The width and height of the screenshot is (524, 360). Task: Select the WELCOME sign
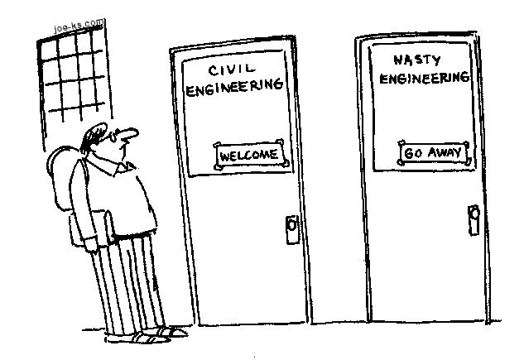[249, 154]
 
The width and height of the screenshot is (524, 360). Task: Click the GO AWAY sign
[433, 153]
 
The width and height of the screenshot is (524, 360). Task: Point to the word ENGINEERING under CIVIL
[235, 88]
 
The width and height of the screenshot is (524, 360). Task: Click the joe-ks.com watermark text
[79, 25]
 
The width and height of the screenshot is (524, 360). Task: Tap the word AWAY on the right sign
[445, 153]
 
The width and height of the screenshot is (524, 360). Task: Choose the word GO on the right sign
[412, 154]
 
